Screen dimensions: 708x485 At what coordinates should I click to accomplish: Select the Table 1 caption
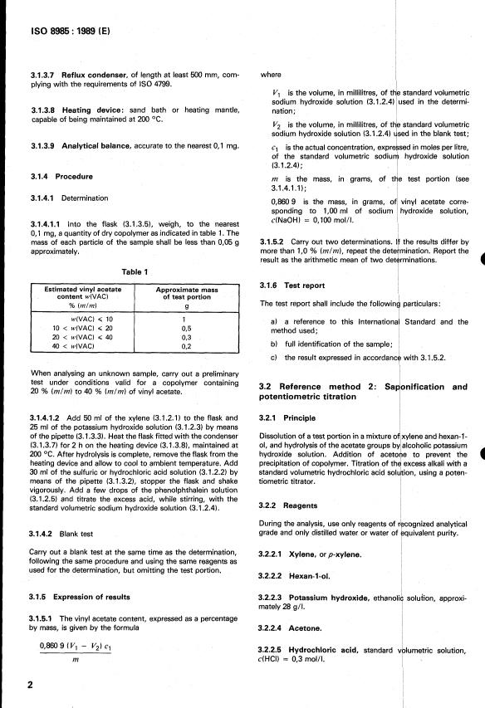[132, 271]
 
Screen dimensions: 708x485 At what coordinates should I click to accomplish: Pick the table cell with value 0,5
[186, 328]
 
